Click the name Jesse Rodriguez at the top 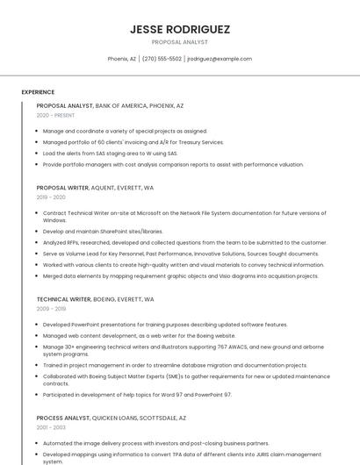(180, 29)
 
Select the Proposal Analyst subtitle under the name (180, 42)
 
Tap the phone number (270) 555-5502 (162, 59)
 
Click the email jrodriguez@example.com (220, 59)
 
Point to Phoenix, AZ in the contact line (122, 59)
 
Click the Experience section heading (38, 92)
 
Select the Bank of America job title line (110, 105)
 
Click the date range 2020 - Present (55, 115)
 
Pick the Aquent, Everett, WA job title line (95, 188)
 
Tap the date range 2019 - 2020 (51, 197)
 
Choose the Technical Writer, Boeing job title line (95, 299)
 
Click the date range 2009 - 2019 (51, 309)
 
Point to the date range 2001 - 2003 (51, 426)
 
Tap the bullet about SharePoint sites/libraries (103, 232)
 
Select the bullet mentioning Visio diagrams (180, 275)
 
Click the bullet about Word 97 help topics (137, 395)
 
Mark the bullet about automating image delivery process (156, 443)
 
